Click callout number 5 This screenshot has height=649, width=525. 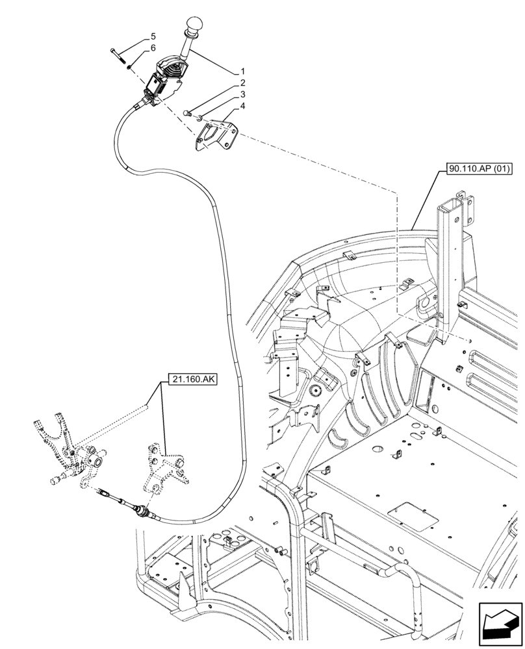(153, 36)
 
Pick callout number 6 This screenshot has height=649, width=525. (153, 48)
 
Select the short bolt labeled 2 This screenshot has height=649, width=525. (188, 113)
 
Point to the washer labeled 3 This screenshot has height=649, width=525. (199, 117)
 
